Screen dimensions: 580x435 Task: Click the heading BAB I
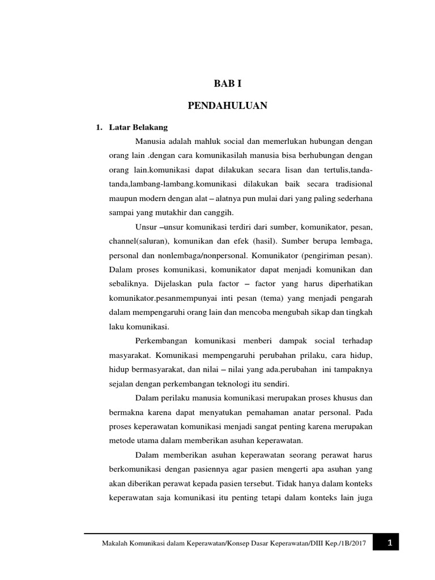click(227, 84)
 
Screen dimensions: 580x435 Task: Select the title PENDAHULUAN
click(227, 105)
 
